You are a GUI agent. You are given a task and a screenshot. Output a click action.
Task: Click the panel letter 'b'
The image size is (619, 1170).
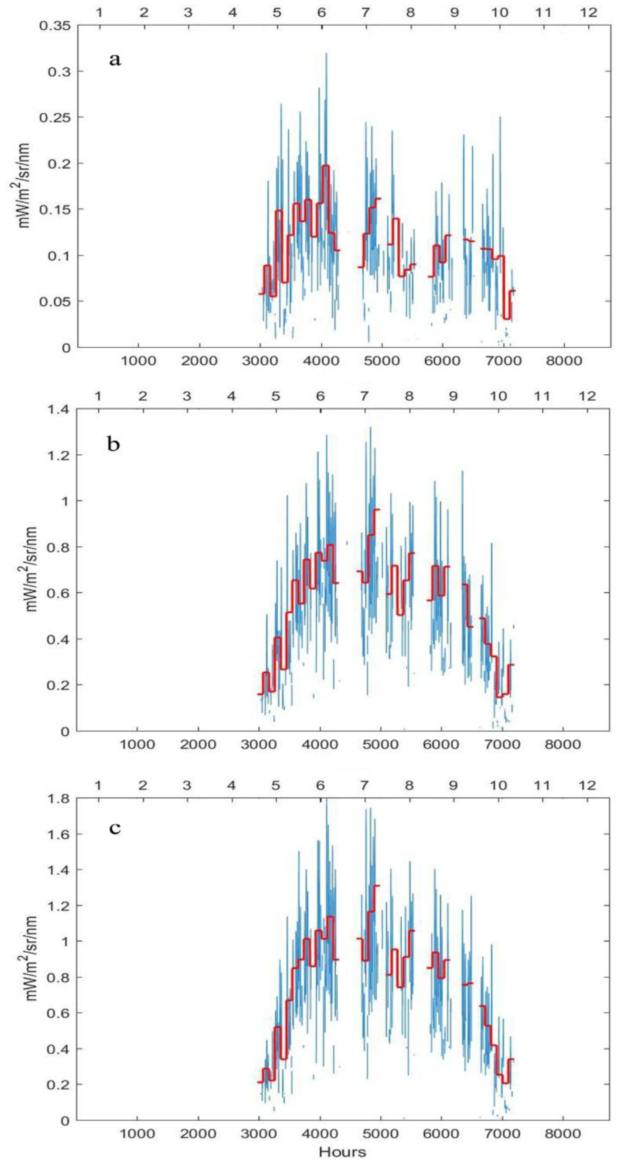(113, 444)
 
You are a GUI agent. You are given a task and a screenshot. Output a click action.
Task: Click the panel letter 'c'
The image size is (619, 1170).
(115, 828)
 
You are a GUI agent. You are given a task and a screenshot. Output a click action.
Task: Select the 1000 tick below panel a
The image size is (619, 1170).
(137, 361)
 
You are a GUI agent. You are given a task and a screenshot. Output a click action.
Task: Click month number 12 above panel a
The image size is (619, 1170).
(588, 12)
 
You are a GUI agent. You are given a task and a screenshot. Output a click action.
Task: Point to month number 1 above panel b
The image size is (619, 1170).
(98, 396)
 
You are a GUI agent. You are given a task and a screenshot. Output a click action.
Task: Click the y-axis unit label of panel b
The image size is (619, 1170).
(31, 569)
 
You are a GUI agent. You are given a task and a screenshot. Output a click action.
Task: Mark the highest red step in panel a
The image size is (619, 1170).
(325, 165)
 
